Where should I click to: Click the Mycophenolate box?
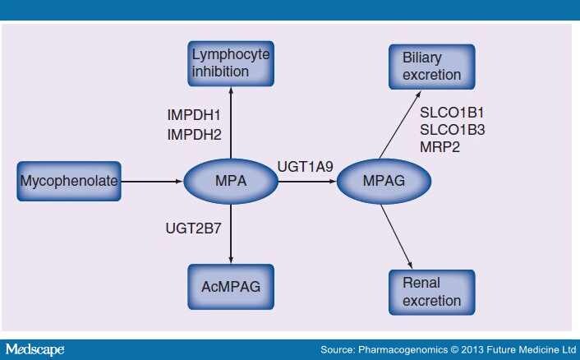(x=69, y=182)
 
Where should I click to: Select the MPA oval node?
(x=231, y=182)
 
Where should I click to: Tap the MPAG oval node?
(x=384, y=182)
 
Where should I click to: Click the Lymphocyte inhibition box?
(x=231, y=63)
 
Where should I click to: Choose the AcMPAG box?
(x=231, y=287)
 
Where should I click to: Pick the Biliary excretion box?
(x=431, y=67)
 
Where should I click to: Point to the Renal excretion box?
(x=431, y=293)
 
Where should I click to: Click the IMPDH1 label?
(x=194, y=115)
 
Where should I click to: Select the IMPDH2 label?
(x=194, y=134)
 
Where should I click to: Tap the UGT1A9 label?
(x=305, y=167)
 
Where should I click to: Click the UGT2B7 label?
(x=193, y=228)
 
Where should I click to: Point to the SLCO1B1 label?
(x=452, y=113)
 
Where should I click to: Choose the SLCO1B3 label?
(x=452, y=130)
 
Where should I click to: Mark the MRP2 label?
(x=440, y=147)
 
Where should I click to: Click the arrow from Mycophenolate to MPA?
(x=152, y=182)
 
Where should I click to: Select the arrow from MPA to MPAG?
(x=307, y=182)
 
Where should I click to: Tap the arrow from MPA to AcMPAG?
(x=231, y=233)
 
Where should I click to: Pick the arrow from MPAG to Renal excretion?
(x=397, y=237)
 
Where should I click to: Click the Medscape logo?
(x=35, y=349)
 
